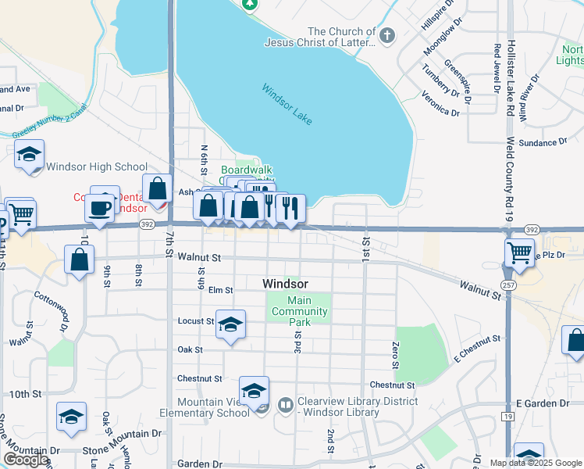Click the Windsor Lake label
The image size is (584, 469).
click(287, 104)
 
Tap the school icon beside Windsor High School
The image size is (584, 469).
click(29, 154)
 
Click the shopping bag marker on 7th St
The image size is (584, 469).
click(158, 189)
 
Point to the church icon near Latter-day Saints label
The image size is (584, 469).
click(386, 34)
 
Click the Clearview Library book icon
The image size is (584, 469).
click(285, 405)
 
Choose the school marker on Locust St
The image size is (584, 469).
click(230, 324)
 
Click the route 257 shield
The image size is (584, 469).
click(508, 285)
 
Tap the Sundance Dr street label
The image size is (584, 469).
click(542, 142)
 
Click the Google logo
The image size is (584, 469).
click(26, 460)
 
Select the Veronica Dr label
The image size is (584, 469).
click(440, 103)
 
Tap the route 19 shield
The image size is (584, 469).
click(508, 418)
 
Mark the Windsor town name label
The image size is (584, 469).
click(285, 284)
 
